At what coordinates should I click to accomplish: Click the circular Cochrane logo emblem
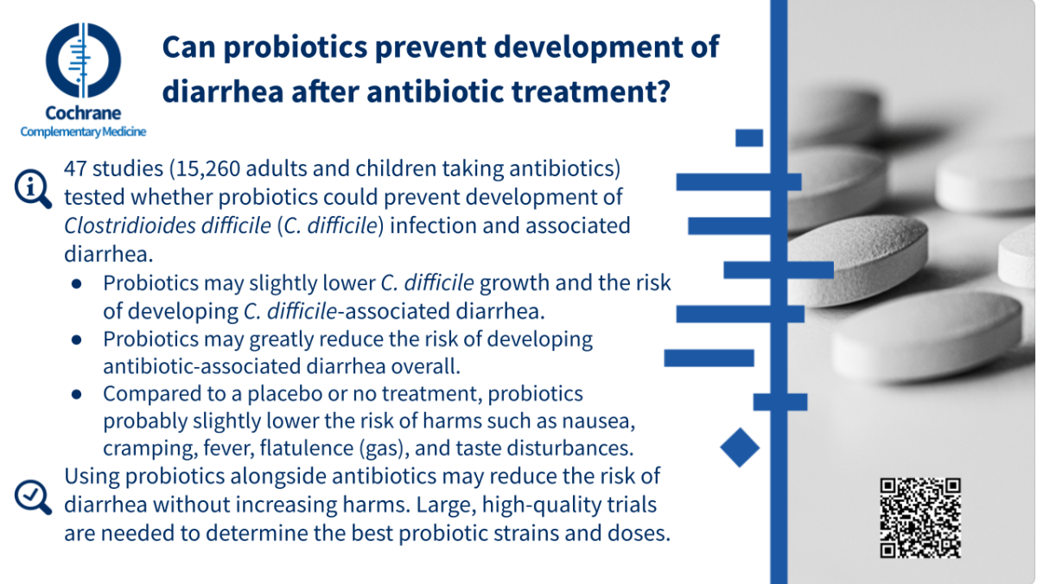pos(83,60)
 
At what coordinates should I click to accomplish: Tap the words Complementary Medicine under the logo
pos(83,132)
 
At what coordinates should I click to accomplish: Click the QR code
pos(920,517)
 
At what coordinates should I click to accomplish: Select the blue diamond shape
pos(740,448)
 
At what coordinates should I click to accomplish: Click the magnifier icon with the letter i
pos(33,189)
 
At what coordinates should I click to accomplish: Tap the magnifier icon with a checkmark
pos(33,497)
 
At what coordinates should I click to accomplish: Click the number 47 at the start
pos(75,169)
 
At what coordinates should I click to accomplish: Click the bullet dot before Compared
pos(77,394)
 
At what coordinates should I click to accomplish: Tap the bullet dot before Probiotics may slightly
pos(77,283)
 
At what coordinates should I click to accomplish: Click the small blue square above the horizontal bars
pos(749,138)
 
